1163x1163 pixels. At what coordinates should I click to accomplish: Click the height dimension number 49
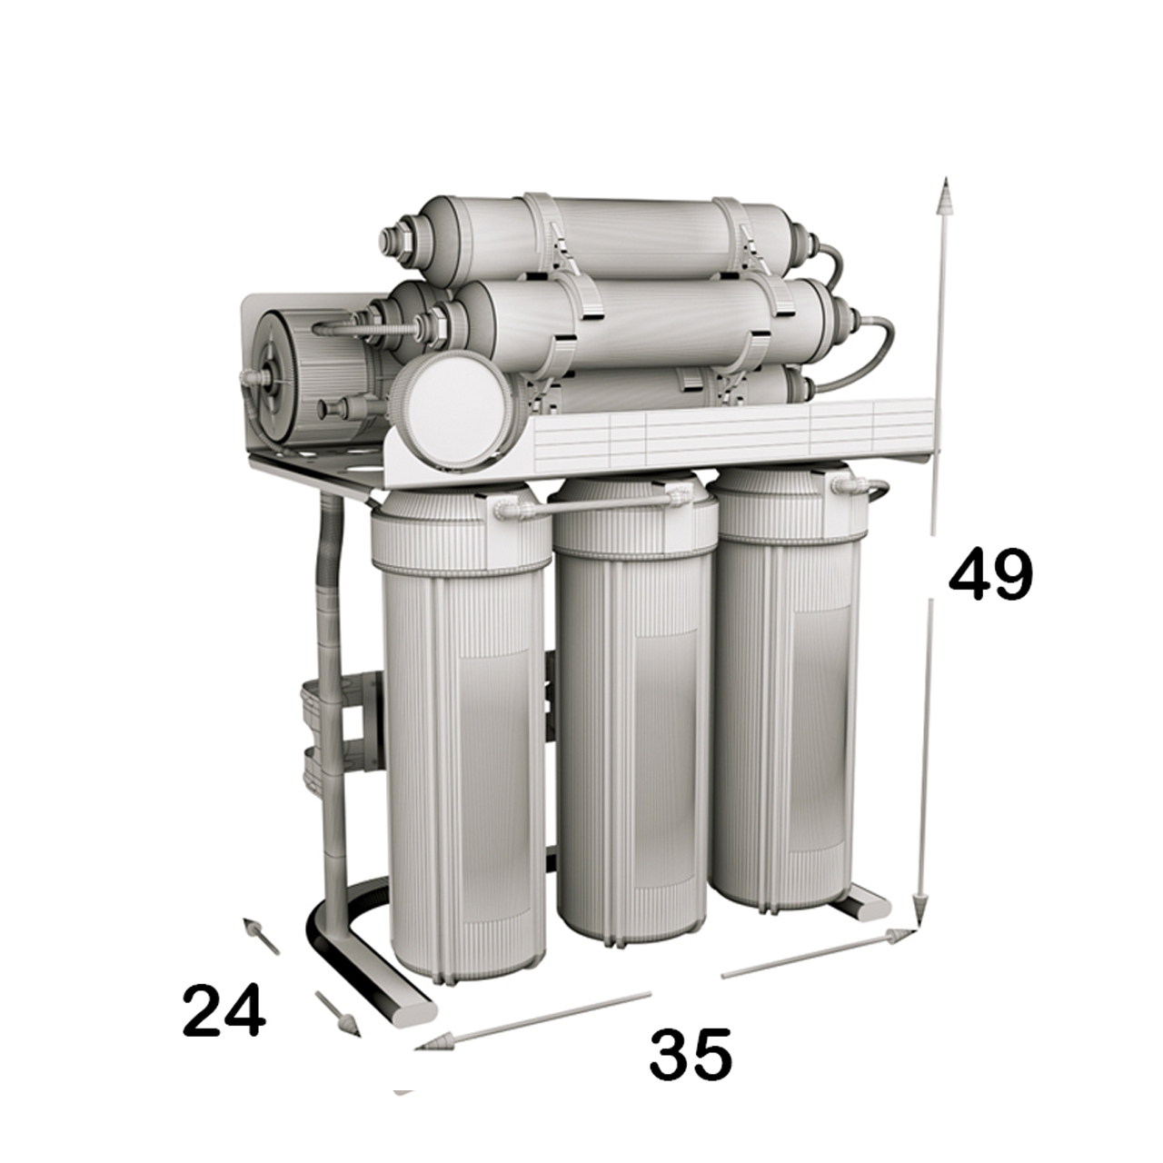point(991,574)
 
